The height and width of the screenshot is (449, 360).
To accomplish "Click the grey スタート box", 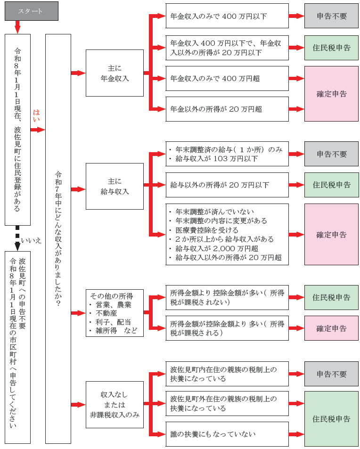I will click(x=32, y=11).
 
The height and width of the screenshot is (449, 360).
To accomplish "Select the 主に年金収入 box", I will click(x=115, y=73).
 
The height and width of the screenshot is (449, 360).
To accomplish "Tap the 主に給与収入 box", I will click(x=115, y=186).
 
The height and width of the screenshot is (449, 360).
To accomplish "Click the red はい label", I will click(x=36, y=116).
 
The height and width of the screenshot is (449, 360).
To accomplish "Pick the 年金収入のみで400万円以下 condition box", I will click(x=227, y=16).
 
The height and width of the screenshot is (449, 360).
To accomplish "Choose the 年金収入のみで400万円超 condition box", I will click(x=227, y=78).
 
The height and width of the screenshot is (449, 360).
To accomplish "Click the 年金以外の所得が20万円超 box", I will click(x=227, y=109).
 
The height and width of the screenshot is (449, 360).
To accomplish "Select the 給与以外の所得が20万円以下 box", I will click(x=227, y=185).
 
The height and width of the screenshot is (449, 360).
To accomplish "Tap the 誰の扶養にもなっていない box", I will click(x=227, y=434).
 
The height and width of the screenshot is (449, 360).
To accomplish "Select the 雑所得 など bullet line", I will click(x=116, y=331).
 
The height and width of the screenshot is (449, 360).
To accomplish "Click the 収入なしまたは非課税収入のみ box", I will click(x=115, y=404).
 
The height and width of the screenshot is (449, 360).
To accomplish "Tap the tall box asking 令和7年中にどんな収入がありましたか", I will click(x=58, y=238).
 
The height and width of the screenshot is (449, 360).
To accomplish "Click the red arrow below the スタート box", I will click(x=18, y=27).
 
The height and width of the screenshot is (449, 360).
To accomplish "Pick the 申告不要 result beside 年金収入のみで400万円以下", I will click(x=331, y=16).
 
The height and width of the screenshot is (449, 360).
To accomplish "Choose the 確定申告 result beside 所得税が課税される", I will click(x=331, y=328).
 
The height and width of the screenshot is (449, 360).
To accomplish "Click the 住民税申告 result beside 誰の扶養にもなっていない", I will click(x=331, y=418).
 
